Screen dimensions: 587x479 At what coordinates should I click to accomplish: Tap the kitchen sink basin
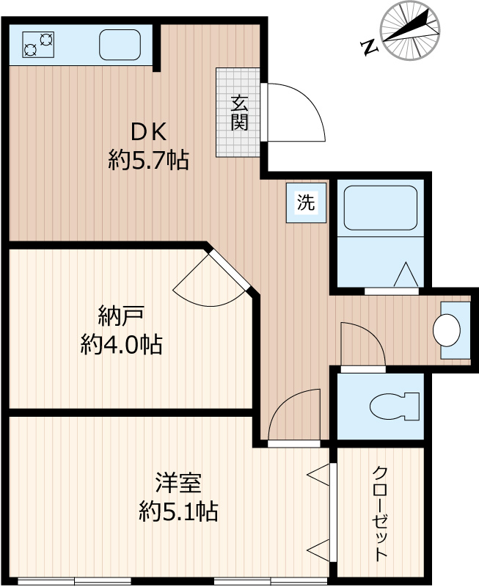[x=120, y=45]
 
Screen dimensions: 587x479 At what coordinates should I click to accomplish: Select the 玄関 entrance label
[x=238, y=112]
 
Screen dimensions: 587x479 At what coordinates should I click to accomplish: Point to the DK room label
[x=150, y=132]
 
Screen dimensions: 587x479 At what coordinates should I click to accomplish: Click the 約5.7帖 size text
[x=149, y=159]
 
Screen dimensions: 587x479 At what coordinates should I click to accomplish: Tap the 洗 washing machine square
[x=305, y=203]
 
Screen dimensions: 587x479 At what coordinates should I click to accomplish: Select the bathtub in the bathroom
[x=380, y=207]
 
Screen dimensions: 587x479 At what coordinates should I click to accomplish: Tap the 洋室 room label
[x=178, y=484]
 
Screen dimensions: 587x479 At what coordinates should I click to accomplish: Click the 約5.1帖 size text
[x=178, y=511]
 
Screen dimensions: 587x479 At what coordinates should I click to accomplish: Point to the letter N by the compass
[x=370, y=48]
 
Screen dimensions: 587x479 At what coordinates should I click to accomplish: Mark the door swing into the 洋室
[x=293, y=417]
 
